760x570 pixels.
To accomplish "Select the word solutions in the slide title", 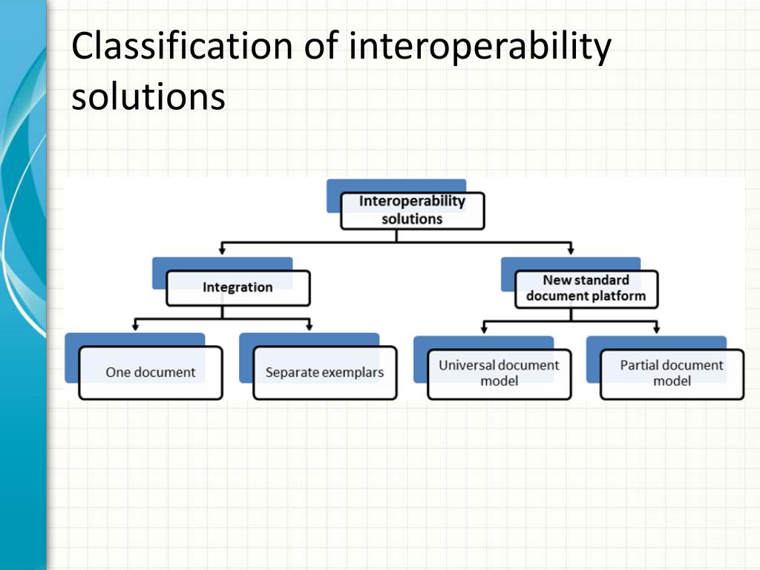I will coord(148,97).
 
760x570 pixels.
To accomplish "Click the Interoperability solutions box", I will coord(412,210).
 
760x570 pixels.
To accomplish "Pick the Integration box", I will coord(237,288).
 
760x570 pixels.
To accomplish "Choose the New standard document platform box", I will coord(586,289).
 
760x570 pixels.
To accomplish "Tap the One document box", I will coord(150,373).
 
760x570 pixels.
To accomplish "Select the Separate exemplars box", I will coord(324,373).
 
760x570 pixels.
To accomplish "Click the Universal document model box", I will coord(499,373).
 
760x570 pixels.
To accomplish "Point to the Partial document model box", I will coord(672,373).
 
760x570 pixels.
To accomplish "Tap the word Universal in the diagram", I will coord(466,365).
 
